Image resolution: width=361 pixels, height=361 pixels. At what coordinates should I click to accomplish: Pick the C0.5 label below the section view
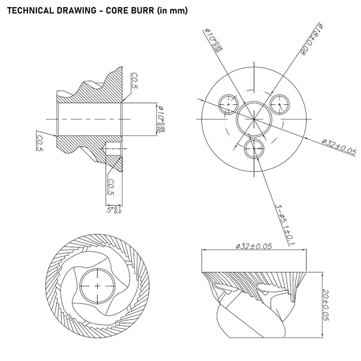[x=111, y=187]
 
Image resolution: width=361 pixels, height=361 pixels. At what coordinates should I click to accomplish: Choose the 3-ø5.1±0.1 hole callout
[x=284, y=224]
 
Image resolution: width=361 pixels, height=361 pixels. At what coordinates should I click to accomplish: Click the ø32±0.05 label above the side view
[x=254, y=246]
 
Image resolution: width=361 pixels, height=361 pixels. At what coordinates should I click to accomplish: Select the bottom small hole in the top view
[x=255, y=148]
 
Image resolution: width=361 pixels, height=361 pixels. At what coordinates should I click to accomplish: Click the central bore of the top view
[x=254, y=119]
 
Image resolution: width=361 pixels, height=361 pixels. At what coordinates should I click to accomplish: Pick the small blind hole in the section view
[x=113, y=149]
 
